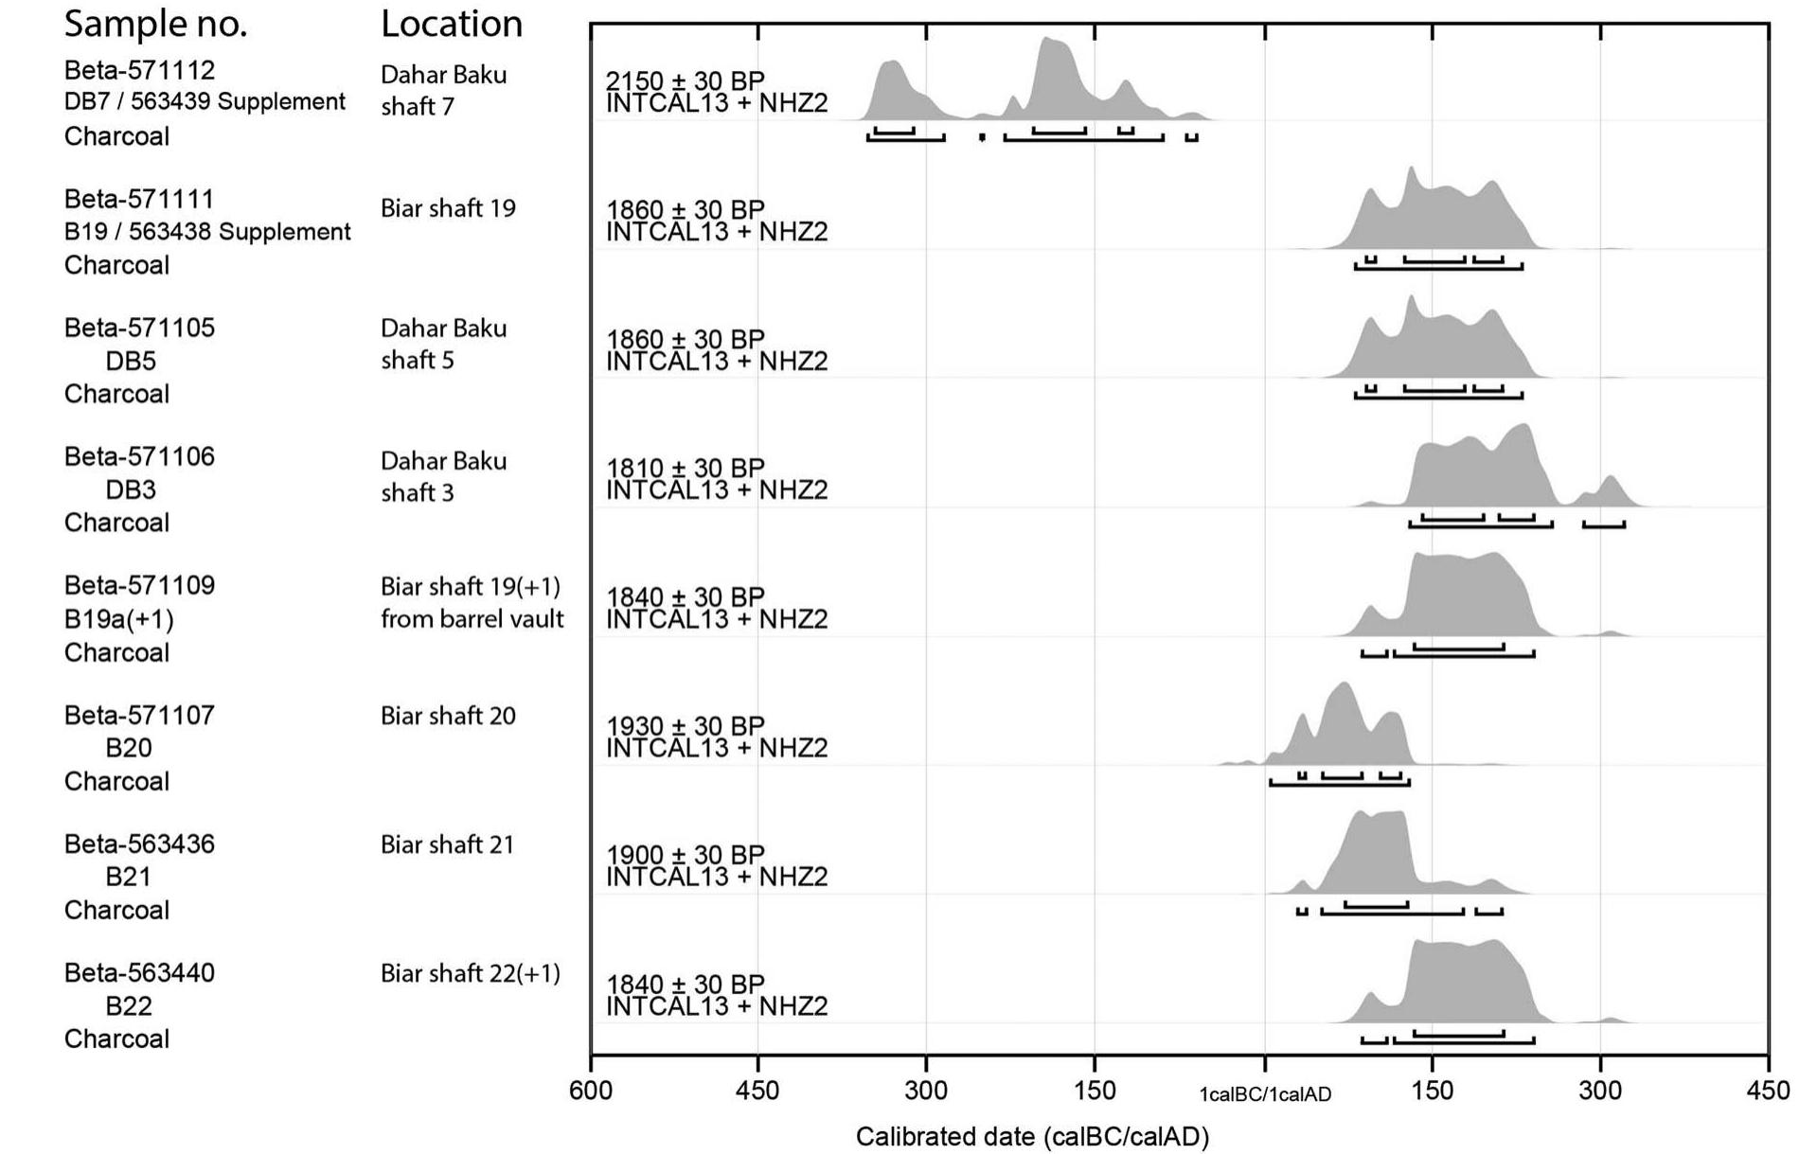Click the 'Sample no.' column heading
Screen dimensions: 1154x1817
coord(155,24)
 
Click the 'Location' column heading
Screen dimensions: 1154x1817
coord(451,24)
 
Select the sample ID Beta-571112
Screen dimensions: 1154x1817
coord(139,70)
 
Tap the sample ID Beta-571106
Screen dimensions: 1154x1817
coord(139,456)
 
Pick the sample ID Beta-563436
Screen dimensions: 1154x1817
coord(139,843)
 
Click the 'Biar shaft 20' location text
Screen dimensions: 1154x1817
coord(448,716)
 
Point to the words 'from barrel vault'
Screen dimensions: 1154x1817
coord(472,619)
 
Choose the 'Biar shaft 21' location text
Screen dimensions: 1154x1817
coord(447,844)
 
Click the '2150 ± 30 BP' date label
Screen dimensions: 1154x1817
coord(685,80)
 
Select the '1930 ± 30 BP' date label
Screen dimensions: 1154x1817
coord(685,726)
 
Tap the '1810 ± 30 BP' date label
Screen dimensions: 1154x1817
coord(685,468)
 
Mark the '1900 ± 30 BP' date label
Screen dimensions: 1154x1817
coord(685,855)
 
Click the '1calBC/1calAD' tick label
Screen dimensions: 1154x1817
coord(1264,1095)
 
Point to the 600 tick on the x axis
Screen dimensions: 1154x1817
coord(590,1091)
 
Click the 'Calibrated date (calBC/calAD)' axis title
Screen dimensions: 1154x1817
coord(1032,1137)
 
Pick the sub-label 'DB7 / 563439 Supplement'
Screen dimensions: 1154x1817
coord(205,102)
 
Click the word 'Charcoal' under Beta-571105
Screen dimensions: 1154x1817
coord(116,394)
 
